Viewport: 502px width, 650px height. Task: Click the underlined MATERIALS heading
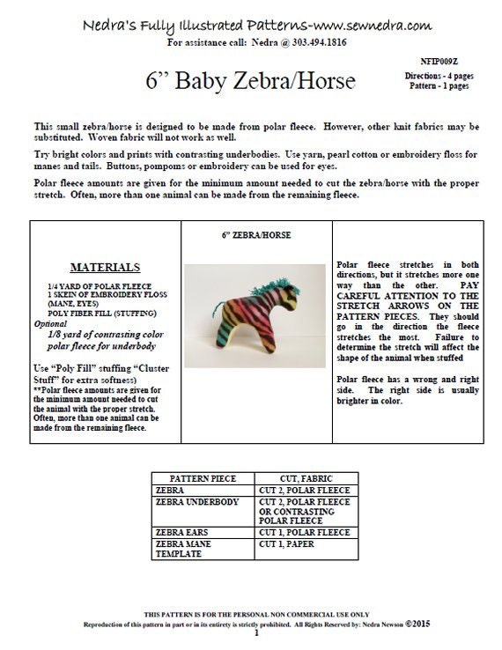[x=105, y=268]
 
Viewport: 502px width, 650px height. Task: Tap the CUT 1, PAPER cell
[x=288, y=544]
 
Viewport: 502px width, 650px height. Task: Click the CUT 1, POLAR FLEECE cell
[x=303, y=533]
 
